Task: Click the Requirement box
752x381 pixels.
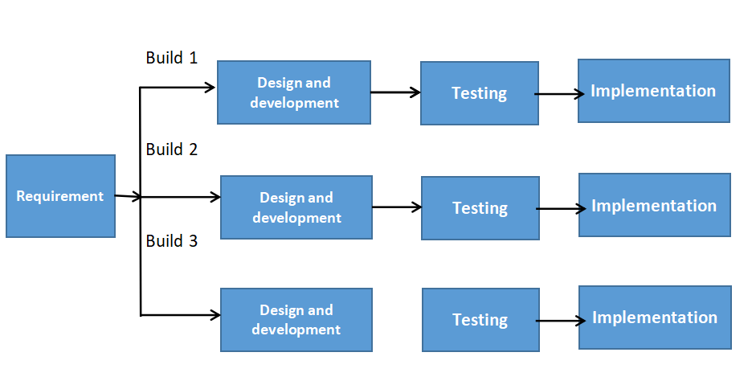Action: [60, 196]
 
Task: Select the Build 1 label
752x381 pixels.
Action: [171, 58]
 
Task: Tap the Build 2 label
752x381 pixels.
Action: [171, 150]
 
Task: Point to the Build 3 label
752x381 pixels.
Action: [171, 240]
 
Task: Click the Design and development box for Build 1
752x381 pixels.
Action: [294, 92]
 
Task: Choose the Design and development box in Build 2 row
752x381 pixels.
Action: [296, 207]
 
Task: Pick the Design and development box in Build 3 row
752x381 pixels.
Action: [296, 320]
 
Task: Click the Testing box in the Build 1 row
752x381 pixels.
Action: [480, 93]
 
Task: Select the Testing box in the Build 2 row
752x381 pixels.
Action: [480, 208]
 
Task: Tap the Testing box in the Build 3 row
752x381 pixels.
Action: [480, 320]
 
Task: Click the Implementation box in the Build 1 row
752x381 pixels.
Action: [653, 91]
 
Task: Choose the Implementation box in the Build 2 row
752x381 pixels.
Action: [654, 206]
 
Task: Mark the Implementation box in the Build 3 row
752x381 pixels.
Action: [655, 317]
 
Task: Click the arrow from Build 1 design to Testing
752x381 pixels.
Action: [395, 92]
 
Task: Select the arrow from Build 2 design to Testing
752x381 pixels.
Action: [397, 207]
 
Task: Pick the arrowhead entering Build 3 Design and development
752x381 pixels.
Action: [215, 316]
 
